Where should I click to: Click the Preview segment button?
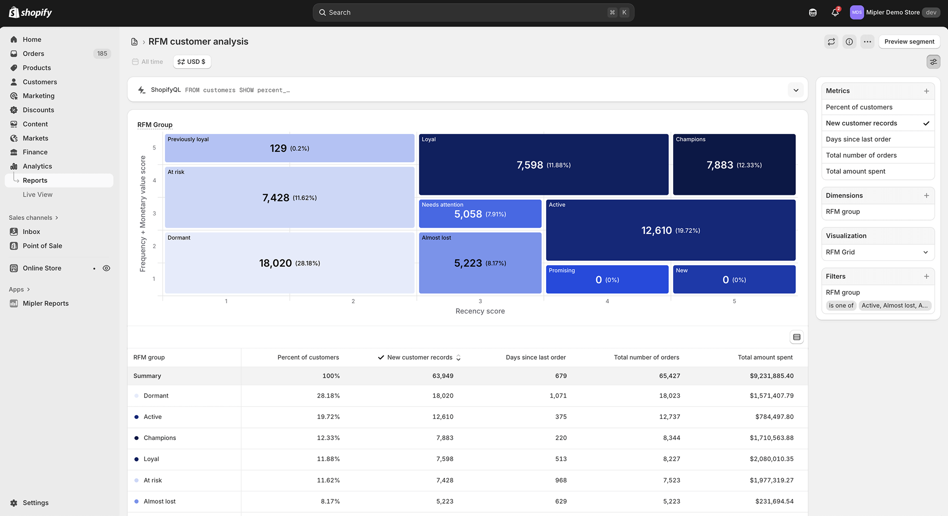coord(909,42)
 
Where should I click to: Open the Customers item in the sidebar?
coord(40,82)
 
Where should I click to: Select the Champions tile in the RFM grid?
coord(734,164)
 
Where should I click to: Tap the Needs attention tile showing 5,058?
coord(480,214)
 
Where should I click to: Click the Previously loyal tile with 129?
coord(289,148)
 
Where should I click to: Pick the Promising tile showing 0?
coord(607,279)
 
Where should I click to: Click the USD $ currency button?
coord(191,62)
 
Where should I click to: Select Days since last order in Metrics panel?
coord(858,139)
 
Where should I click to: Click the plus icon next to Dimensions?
coord(926,196)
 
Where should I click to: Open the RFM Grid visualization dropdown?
coord(878,252)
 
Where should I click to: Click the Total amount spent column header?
coord(765,357)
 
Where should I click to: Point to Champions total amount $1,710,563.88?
coord(771,438)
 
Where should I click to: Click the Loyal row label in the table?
coord(151,459)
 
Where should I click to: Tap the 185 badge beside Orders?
coord(102,53)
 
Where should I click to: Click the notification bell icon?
coord(835,13)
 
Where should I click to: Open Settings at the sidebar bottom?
coord(35,503)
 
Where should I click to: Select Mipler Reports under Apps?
coord(45,303)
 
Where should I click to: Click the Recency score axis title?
coord(480,311)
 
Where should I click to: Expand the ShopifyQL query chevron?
coord(796,90)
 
